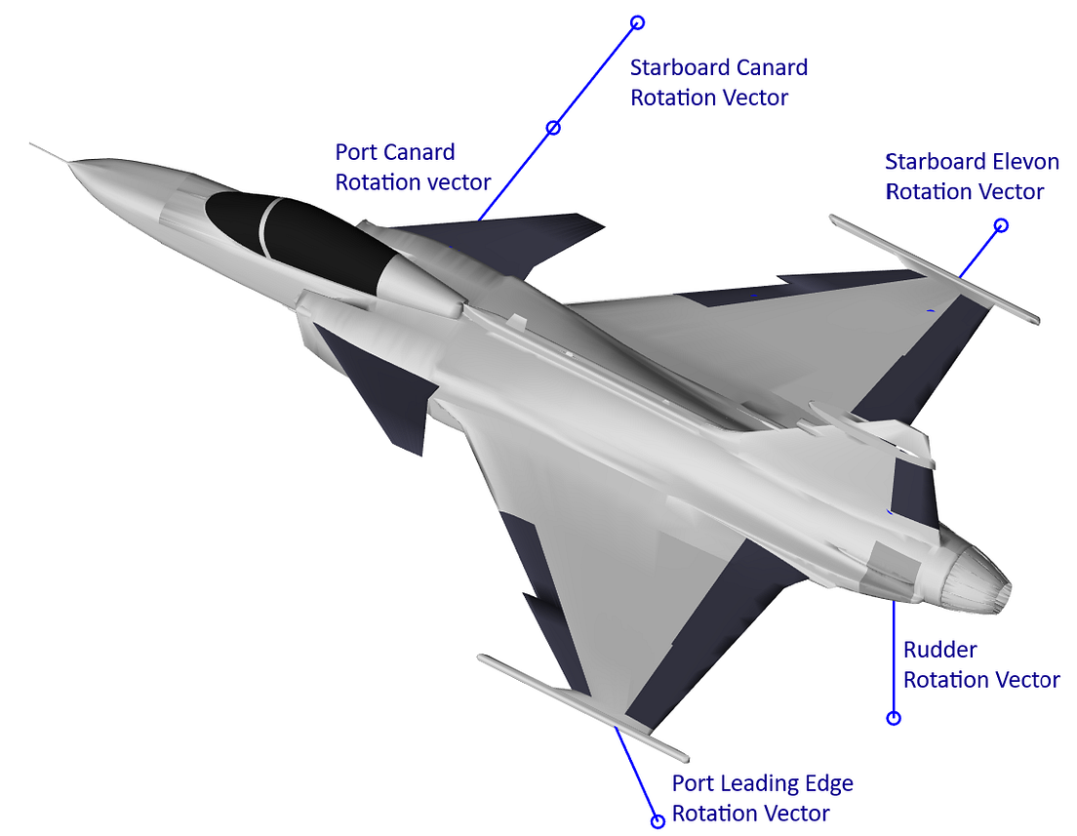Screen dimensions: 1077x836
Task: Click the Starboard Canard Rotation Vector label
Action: click(719, 83)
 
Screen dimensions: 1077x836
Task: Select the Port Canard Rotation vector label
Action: click(413, 167)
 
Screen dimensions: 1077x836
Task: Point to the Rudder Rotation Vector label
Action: click(981, 664)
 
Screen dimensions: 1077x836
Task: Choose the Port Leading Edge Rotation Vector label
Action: click(762, 798)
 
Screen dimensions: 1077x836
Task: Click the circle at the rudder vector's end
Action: click(893, 718)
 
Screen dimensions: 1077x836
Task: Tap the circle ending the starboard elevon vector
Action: click(1000, 225)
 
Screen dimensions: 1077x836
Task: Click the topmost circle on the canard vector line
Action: click(637, 21)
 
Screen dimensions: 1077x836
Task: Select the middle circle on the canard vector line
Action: click(553, 128)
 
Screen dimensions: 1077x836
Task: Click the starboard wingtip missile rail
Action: click(934, 267)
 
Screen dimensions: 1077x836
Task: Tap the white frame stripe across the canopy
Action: click(265, 223)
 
